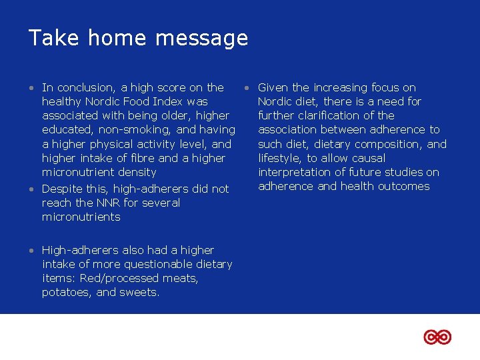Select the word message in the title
(203, 39)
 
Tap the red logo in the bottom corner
(437, 337)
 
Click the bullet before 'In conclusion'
(32, 88)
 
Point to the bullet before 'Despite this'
(32, 189)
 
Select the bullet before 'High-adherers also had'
(32, 251)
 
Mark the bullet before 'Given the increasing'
(247, 88)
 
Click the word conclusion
(86, 87)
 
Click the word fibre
(143, 158)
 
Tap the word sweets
(139, 292)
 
